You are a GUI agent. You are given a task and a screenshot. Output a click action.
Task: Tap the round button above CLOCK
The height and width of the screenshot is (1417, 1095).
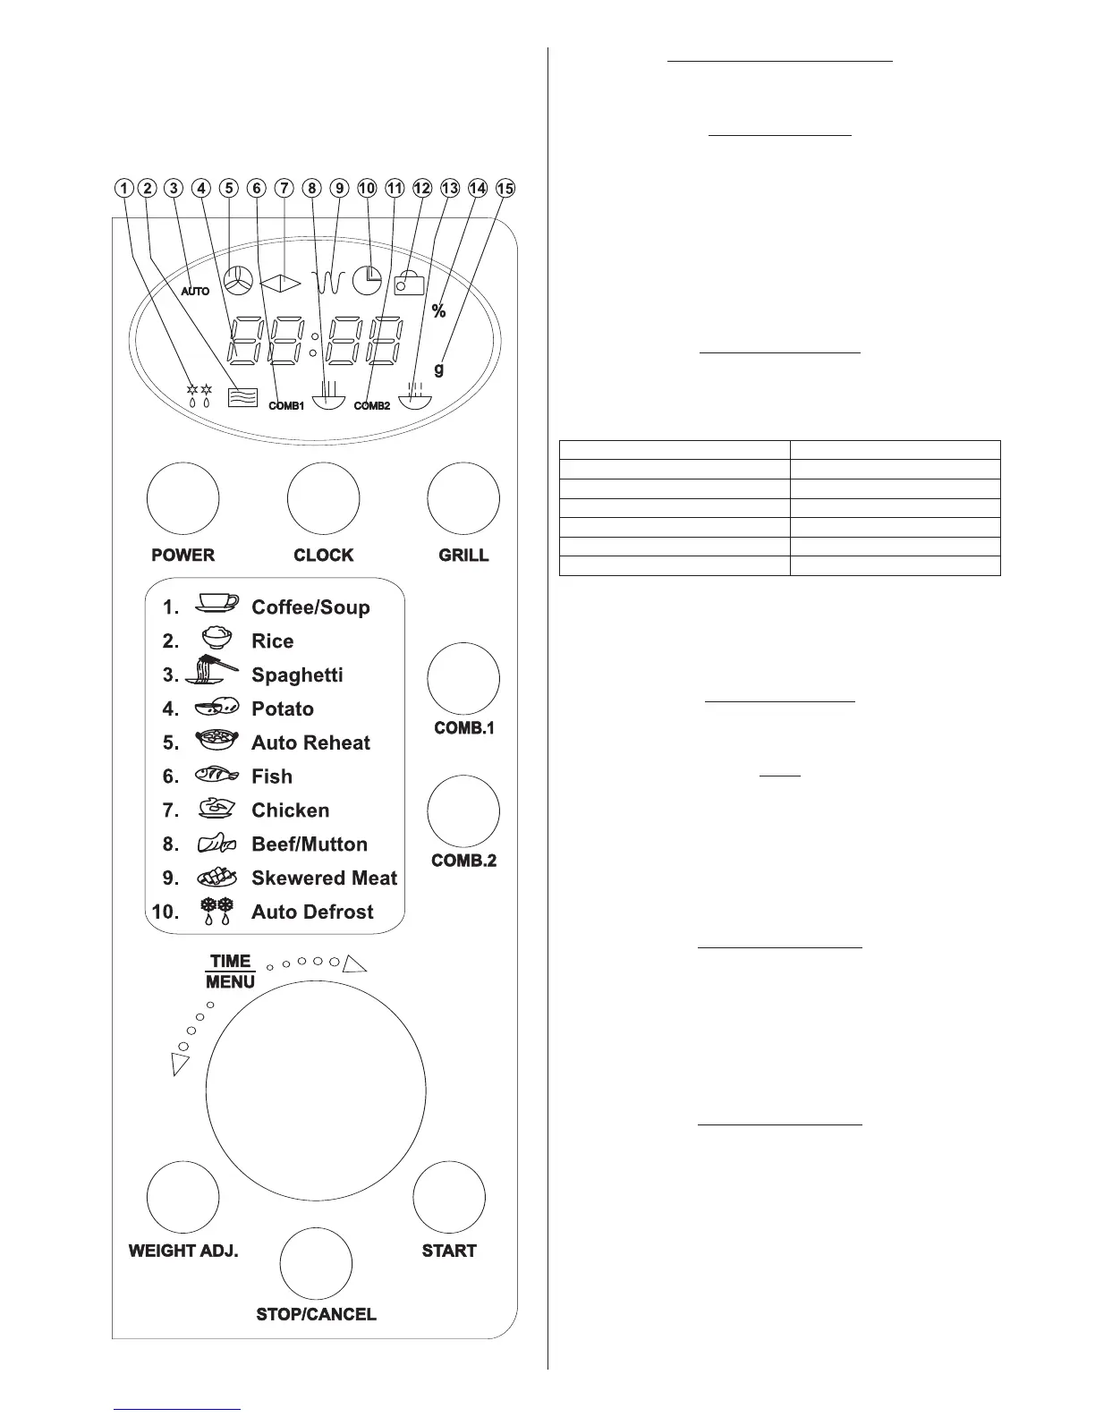(323, 498)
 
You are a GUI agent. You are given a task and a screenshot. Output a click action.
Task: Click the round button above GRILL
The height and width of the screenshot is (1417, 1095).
(463, 498)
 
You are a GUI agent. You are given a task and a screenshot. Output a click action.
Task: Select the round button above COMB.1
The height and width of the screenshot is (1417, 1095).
(463, 679)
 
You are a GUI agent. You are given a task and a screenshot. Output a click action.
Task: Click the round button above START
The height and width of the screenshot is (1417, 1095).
(449, 1197)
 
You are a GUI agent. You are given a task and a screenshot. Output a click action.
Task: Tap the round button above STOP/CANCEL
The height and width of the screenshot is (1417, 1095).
(316, 1263)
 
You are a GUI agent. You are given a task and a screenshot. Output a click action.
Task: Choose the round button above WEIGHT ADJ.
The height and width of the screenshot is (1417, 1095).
(182, 1197)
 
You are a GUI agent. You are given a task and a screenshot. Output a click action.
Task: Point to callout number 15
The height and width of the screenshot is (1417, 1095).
(506, 188)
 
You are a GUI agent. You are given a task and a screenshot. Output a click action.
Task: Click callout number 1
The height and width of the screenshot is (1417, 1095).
(123, 188)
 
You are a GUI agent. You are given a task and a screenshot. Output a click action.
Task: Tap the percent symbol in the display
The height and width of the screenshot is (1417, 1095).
(438, 310)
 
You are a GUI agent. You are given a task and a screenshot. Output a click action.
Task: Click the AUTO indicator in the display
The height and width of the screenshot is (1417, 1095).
(195, 291)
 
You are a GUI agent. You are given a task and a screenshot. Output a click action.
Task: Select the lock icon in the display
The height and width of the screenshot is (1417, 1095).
(408, 284)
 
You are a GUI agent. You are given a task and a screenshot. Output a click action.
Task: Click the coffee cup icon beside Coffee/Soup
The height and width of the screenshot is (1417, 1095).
(216, 604)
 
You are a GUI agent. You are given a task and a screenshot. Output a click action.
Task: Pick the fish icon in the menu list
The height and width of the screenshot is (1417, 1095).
(216, 776)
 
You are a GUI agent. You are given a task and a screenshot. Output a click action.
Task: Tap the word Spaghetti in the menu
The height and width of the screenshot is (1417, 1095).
(297, 675)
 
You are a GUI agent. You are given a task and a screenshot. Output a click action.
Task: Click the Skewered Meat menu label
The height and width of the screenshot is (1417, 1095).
(324, 878)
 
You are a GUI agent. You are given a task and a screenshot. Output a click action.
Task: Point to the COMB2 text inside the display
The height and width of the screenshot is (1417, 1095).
(372, 405)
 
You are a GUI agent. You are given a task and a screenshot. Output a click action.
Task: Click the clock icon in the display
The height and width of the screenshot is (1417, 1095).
(367, 281)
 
